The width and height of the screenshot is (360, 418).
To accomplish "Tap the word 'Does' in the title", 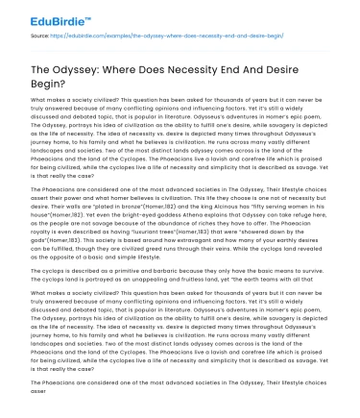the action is [x=178, y=61].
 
